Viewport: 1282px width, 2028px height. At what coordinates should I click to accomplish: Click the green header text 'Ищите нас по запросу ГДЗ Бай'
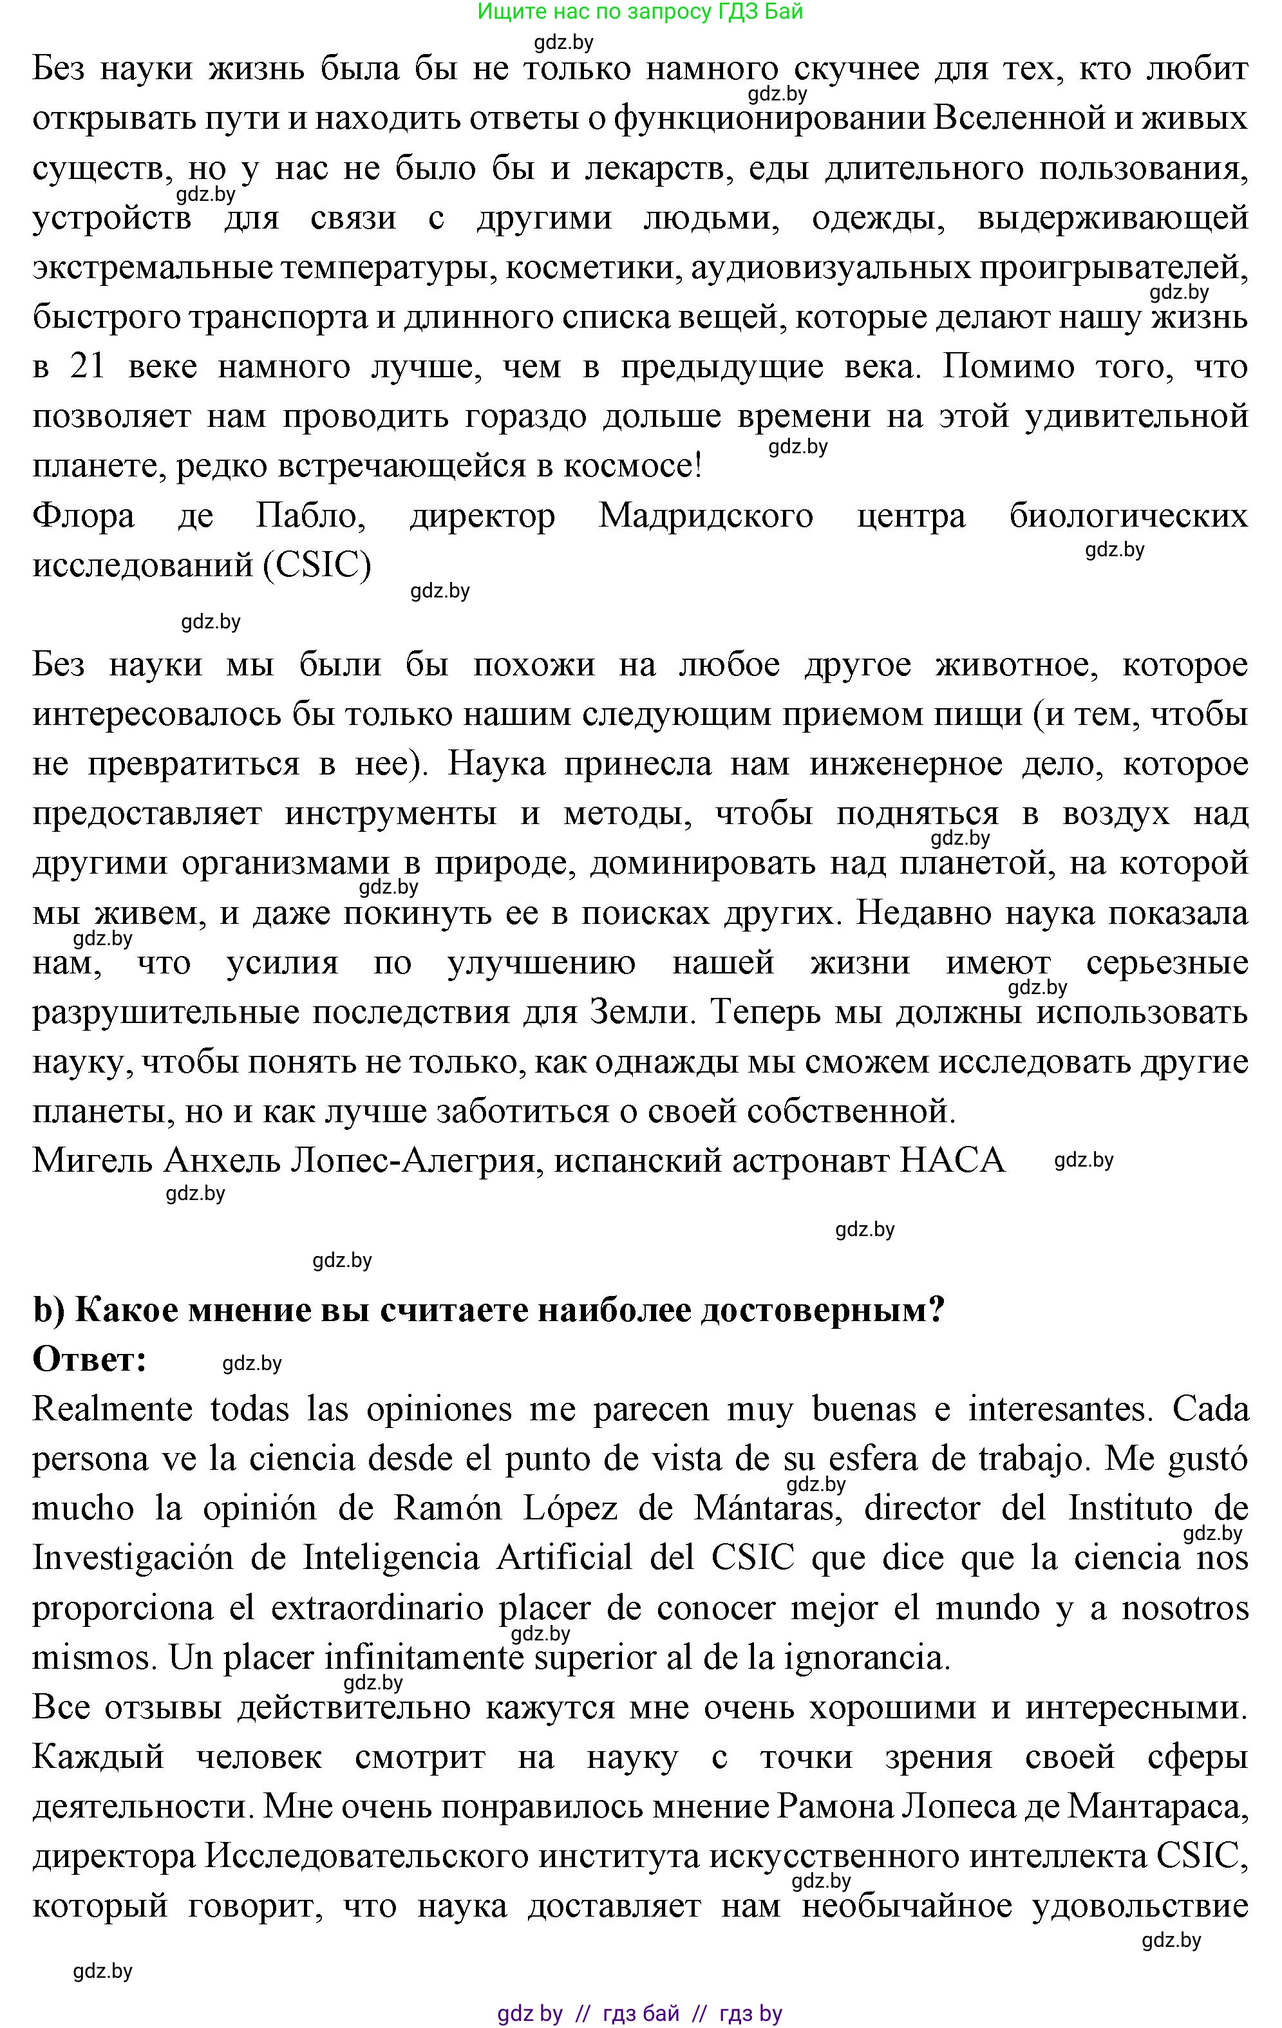(x=640, y=12)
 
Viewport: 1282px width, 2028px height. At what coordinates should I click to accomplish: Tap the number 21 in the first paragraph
(x=88, y=367)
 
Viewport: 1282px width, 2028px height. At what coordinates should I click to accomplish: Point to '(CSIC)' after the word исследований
(x=316, y=565)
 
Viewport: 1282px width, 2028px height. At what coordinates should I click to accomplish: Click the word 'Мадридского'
(x=705, y=516)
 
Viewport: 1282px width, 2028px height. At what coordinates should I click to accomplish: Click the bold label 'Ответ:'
(x=90, y=1359)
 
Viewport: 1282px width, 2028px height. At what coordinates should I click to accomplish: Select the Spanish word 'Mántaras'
(x=763, y=1508)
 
